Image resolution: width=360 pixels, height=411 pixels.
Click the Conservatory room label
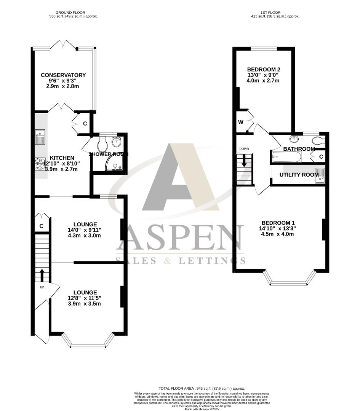coord(63,75)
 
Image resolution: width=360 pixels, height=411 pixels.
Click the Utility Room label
coord(299,175)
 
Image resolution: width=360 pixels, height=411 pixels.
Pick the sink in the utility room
coord(320,175)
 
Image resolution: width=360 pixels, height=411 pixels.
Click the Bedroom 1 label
coord(278,223)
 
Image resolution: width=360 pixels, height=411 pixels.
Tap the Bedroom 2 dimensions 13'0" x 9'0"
coord(264,75)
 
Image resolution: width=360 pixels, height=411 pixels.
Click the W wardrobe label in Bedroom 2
coord(241,122)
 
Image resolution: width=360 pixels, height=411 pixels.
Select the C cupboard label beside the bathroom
coord(321,156)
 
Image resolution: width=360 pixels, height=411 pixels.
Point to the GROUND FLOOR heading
coord(73,12)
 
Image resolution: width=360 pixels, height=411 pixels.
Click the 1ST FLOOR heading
coord(269,12)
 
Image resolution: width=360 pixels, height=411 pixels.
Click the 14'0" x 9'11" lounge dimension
coord(85,230)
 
